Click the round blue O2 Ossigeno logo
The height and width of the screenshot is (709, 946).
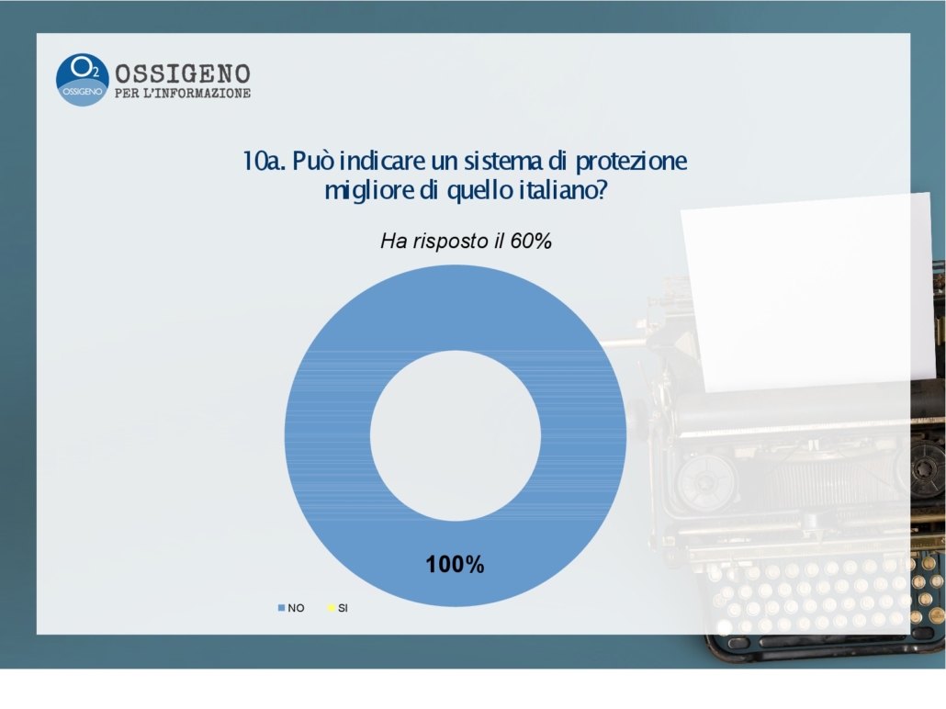click(x=82, y=80)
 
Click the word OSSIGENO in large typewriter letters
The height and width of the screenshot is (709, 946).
click(x=183, y=74)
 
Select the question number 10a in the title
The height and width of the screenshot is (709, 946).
click(x=263, y=161)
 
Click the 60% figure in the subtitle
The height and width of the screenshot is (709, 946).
click(x=531, y=242)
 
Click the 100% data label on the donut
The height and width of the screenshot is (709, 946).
click(x=455, y=565)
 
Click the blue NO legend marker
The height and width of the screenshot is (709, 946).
click(x=281, y=608)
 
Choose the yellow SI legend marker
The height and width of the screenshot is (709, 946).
click(x=332, y=608)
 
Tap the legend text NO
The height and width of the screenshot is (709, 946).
click(x=297, y=608)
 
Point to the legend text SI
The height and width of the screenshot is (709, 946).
click(x=343, y=608)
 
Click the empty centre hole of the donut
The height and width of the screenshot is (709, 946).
click(x=456, y=435)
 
